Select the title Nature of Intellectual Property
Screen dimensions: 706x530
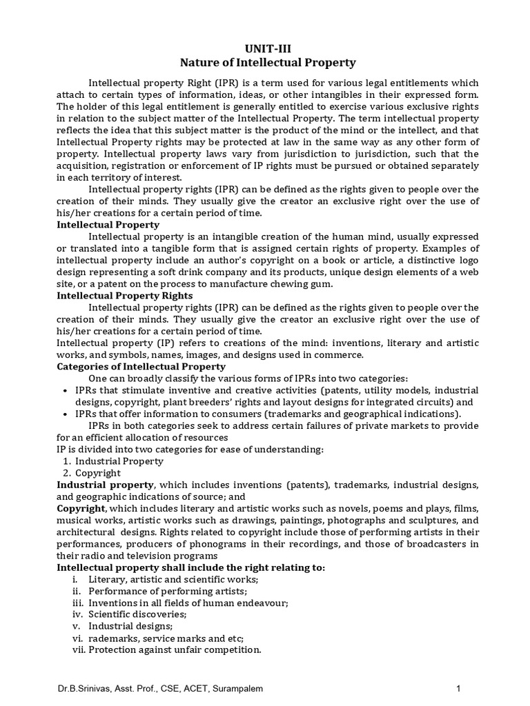tap(268, 63)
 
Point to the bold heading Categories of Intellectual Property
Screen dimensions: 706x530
tap(141, 366)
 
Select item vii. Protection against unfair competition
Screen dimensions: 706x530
tap(174, 649)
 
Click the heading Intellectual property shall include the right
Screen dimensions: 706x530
tap(190, 567)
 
